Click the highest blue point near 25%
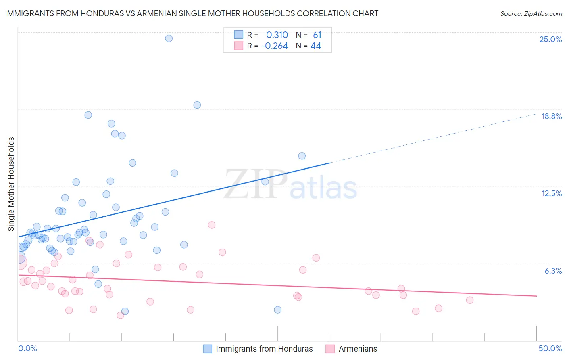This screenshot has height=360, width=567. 169,38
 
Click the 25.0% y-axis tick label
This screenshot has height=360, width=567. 550,39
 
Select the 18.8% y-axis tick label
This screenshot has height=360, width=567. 551,116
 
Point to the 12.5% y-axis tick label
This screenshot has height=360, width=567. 551,193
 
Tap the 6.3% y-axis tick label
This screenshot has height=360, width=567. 553,271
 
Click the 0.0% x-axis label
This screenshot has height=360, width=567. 27,348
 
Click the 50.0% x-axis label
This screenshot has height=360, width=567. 550,348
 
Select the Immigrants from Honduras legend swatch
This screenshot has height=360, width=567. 207,349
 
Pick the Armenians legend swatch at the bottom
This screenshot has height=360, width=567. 330,349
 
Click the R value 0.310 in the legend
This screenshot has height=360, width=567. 277,35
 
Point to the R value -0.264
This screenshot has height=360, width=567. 275,46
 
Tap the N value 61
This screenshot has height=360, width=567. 317,35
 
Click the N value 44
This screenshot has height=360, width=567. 316,46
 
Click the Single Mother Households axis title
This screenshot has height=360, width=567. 11,184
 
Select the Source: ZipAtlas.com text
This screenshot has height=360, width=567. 531,14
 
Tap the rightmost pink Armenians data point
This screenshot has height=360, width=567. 469,300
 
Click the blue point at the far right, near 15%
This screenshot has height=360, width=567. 302,156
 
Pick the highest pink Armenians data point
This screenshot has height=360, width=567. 212,225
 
